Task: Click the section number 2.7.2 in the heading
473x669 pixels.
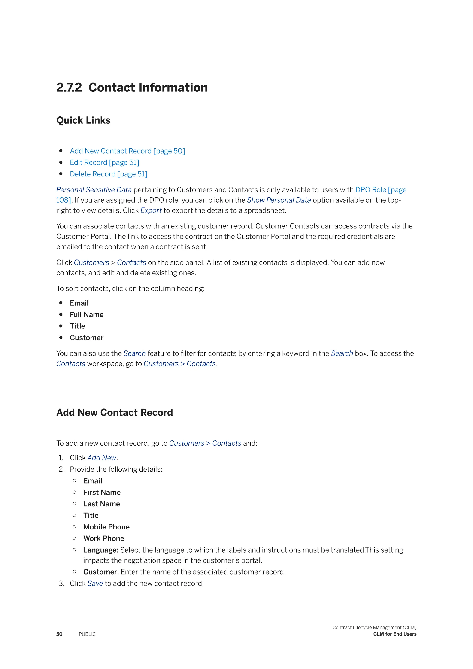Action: tap(69, 88)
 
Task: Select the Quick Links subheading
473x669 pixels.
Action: tap(83, 120)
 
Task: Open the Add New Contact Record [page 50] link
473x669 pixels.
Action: tap(127, 151)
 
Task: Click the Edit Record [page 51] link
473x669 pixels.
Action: tap(104, 163)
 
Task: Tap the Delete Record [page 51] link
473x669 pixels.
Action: tap(108, 174)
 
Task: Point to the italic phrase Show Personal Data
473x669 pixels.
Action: tap(279, 200)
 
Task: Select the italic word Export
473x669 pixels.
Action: tap(151, 210)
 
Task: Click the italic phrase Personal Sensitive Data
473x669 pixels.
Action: tap(94, 190)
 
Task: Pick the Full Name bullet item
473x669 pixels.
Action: tap(87, 315)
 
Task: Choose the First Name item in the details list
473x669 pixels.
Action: tap(102, 493)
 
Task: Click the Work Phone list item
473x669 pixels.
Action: tap(104, 538)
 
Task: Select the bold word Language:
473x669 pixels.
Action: tap(101, 550)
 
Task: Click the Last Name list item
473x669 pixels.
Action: tap(102, 504)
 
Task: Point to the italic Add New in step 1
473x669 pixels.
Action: tap(102, 458)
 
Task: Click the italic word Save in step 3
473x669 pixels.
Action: tap(95, 583)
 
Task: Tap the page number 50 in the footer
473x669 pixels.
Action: tap(59, 634)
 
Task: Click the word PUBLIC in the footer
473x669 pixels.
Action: tap(87, 634)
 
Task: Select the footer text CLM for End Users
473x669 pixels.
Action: tap(395, 634)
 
